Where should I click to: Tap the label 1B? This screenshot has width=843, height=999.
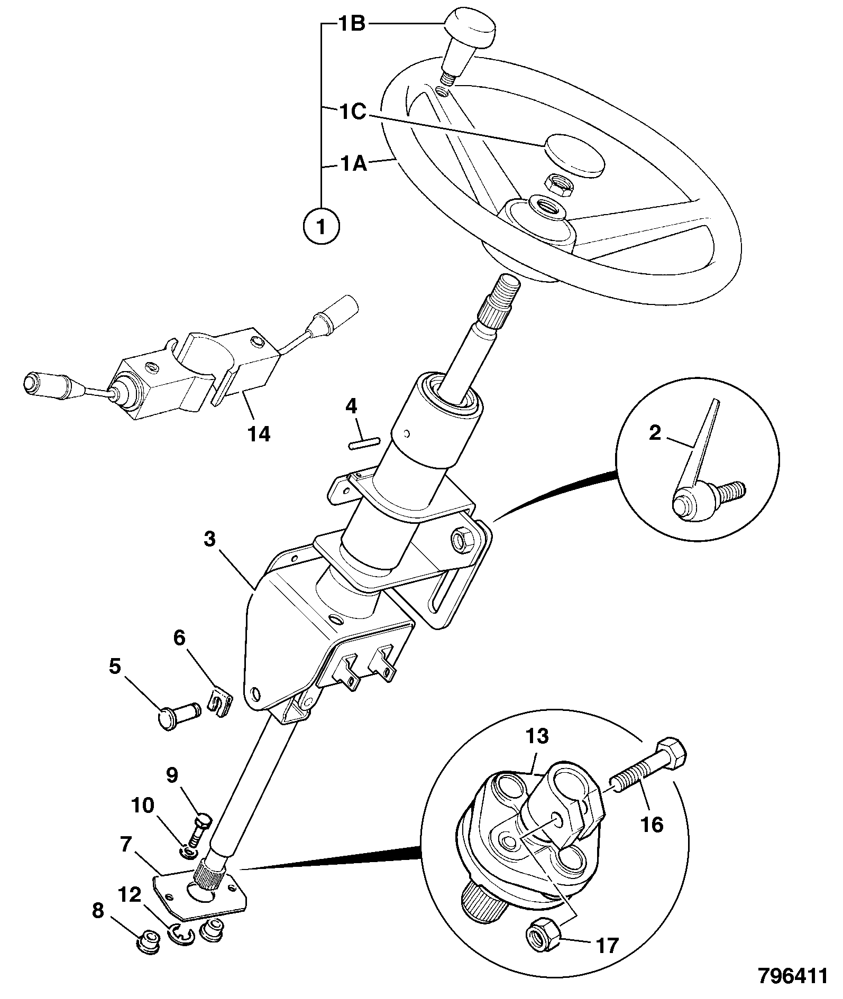(352, 24)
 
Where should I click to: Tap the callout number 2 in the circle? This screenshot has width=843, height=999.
(655, 433)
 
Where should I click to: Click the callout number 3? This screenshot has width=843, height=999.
(210, 541)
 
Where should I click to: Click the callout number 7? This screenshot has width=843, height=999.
(125, 845)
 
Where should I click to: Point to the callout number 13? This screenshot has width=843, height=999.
(537, 736)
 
